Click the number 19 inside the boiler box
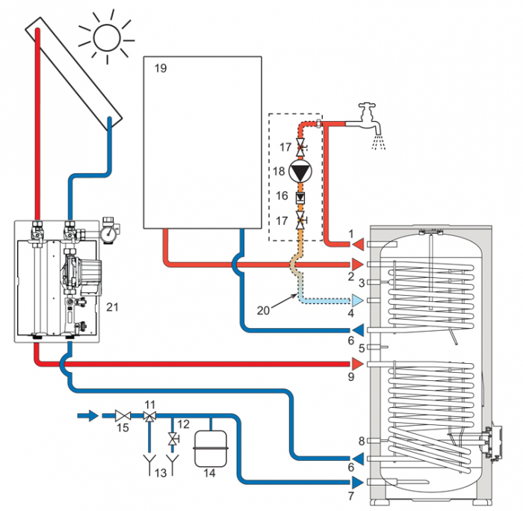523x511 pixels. click(x=160, y=68)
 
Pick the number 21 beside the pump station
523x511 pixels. click(x=113, y=306)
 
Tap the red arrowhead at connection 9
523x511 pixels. click(x=358, y=364)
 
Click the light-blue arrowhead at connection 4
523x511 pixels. click(x=358, y=301)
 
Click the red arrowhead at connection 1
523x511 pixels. click(x=358, y=244)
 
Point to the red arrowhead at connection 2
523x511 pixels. click(x=358, y=264)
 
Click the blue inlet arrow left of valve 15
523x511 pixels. click(x=88, y=415)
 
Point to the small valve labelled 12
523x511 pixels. click(x=173, y=439)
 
